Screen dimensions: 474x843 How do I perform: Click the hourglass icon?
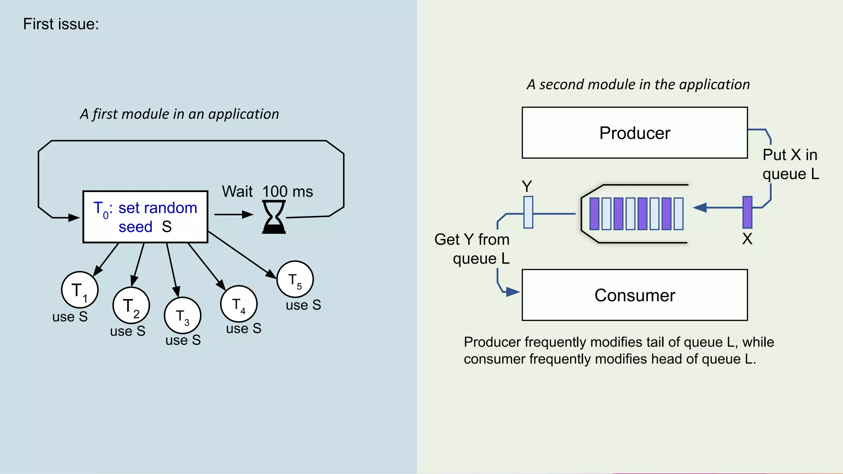point(274,217)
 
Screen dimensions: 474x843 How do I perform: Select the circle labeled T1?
point(80,290)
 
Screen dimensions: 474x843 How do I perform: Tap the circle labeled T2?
point(131,306)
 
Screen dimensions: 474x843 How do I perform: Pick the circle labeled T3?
point(183,316)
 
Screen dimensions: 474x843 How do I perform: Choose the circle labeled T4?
point(239,304)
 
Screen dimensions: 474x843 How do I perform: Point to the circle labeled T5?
point(295,279)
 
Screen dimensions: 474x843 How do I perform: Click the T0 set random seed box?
point(145,217)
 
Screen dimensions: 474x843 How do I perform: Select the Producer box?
point(634,133)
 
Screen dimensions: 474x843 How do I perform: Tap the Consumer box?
point(634,295)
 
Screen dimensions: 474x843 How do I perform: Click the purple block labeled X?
point(747,212)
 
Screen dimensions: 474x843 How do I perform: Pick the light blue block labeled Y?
point(528,212)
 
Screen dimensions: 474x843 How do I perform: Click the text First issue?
point(61,24)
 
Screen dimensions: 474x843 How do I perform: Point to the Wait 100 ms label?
point(268,191)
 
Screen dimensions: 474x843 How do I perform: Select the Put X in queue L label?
point(790,164)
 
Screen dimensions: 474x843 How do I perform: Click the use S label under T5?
point(303,305)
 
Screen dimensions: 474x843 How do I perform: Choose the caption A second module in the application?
point(638,84)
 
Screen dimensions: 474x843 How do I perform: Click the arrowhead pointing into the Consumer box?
point(512,292)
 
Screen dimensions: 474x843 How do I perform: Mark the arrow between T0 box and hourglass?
point(233,214)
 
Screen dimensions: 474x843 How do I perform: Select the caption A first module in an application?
point(179,114)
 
